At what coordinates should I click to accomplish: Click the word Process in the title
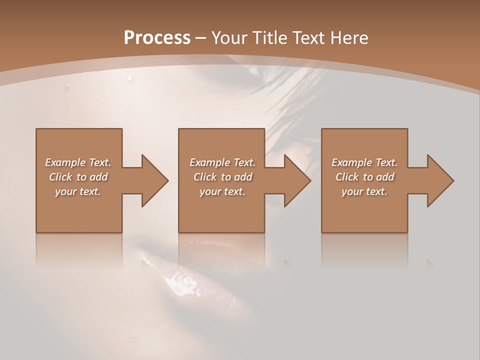[x=157, y=38]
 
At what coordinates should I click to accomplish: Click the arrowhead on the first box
[x=153, y=180]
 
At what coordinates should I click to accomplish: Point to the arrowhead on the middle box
[x=296, y=180]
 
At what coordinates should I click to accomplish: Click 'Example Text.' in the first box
[x=78, y=162]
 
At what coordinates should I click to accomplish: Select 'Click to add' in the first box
[x=78, y=177]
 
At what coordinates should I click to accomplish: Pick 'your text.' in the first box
[x=78, y=191]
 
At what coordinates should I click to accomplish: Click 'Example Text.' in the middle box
[x=222, y=162]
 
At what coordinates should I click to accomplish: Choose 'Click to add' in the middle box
[x=223, y=177]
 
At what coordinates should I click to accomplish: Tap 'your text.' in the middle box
[x=222, y=191]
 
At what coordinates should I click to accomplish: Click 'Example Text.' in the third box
[x=364, y=162]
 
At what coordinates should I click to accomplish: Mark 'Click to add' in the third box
[x=365, y=177]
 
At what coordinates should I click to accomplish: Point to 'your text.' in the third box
[x=364, y=191]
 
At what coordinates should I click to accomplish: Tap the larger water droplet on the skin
[x=130, y=78]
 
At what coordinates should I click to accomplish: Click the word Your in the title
[x=228, y=38]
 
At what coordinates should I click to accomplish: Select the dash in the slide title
[x=201, y=38]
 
